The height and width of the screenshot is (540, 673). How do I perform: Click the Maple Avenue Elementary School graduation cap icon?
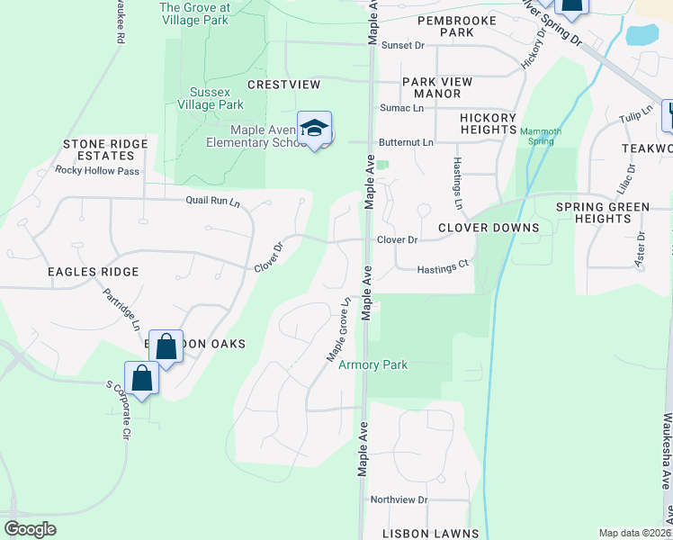click(x=314, y=129)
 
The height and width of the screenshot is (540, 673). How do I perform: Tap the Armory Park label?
click(x=372, y=364)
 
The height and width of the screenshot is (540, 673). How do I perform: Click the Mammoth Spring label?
click(x=542, y=137)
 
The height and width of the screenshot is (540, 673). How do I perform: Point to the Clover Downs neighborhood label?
click(x=488, y=228)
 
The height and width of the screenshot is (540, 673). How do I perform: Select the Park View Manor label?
click(x=437, y=87)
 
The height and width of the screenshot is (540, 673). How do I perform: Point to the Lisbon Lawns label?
click(x=430, y=534)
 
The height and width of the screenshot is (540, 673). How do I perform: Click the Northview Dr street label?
click(x=403, y=499)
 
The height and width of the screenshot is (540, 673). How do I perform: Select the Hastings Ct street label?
click(x=444, y=268)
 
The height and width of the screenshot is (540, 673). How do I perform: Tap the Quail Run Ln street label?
click(x=214, y=201)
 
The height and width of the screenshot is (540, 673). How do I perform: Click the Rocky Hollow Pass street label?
click(x=97, y=170)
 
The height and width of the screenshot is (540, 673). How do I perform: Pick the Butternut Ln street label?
click(x=406, y=142)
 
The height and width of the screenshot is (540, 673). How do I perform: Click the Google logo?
click(x=31, y=529)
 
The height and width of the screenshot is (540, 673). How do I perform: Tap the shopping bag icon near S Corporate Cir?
click(x=142, y=377)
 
